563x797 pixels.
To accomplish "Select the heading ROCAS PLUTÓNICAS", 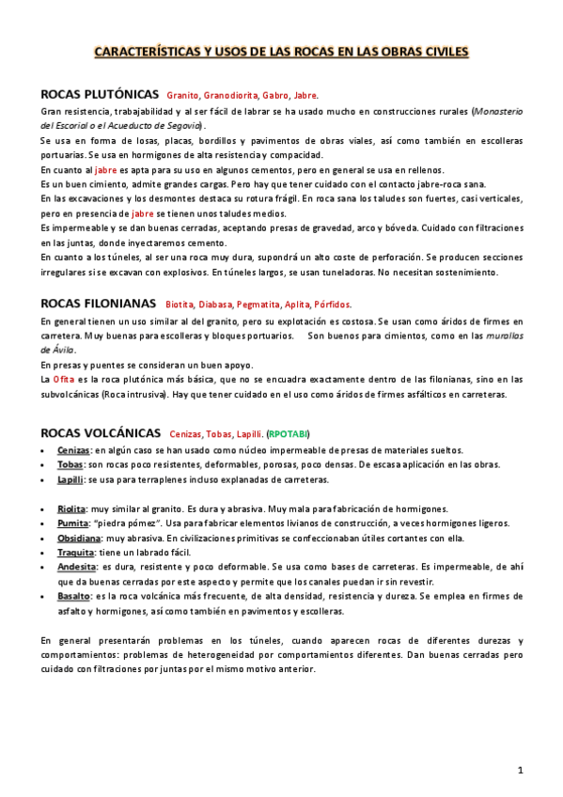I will click(x=100, y=95).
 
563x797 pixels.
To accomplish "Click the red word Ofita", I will click(x=64, y=379).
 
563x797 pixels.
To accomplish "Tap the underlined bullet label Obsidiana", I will click(x=79, y=538).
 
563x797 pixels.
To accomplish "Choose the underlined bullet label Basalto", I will click(x=73, y=597).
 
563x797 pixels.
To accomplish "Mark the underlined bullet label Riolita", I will click(x=71, y=508).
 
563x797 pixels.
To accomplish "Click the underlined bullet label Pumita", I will click(x=72, y=524).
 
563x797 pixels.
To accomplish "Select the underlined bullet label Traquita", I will click(x=76, y=553).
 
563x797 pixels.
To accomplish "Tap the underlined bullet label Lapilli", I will click(x=70, y=479).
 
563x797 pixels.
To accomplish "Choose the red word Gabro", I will click(x=276, y=96).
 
